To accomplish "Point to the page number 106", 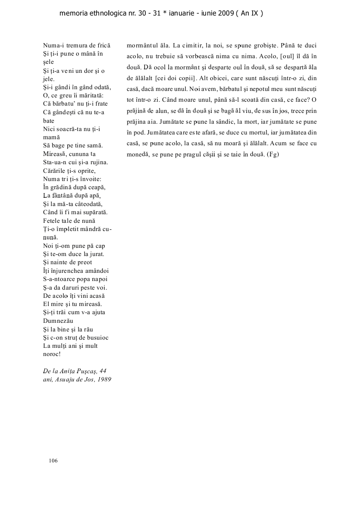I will tap(53, 461).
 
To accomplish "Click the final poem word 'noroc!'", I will tap(52, 355).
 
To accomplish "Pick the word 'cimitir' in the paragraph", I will tap(192, 45).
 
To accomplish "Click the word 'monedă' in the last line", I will tap(138, 154).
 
